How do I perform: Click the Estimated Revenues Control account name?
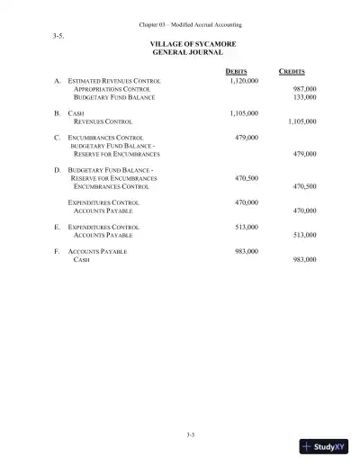click(114, 81)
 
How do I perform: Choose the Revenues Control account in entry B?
click(103, 123)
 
